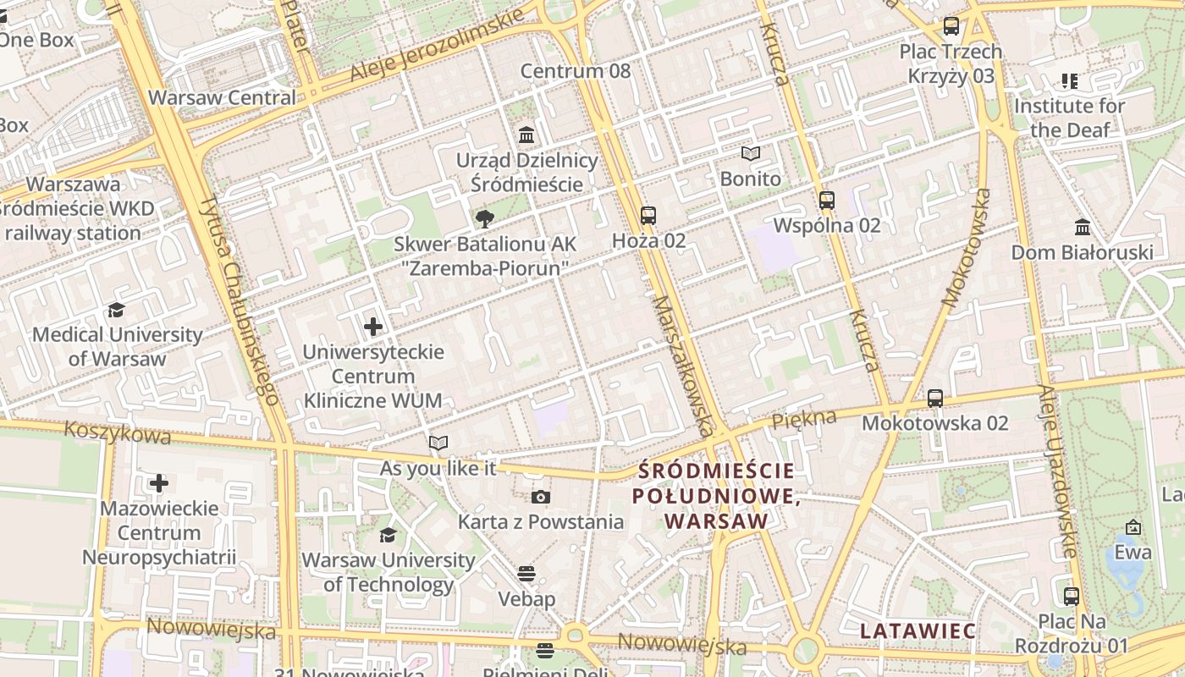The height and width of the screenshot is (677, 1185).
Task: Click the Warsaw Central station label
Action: coord(222,97)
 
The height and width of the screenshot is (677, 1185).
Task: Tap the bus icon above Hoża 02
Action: coord(648,215)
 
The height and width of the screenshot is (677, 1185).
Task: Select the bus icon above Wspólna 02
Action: coord(827,201)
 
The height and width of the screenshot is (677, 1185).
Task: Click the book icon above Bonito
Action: coord(751,154)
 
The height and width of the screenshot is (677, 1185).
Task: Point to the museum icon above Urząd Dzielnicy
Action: coord(526,135)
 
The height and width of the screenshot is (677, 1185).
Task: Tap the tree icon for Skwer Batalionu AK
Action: coord(484,220)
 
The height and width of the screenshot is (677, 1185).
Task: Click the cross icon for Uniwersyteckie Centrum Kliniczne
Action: coord(372,326)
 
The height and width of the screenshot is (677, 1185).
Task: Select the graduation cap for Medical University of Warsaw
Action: coord(117,311)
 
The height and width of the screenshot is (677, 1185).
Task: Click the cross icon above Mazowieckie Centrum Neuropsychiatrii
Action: coord(158,483)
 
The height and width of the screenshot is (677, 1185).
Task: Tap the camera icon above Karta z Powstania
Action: coord(540,497)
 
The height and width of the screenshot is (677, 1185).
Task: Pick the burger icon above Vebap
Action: coord(526,574)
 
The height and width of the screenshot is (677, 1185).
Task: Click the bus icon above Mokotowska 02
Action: coord(935,398)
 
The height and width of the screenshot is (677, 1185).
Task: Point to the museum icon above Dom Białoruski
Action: coord(1082,227)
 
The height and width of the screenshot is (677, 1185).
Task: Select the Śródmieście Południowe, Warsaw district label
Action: coord(717,495)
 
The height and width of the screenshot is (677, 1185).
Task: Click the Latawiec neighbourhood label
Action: coord(918,630)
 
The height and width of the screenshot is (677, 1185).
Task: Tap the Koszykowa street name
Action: coord(117,432)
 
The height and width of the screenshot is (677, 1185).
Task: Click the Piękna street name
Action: coord(803,418)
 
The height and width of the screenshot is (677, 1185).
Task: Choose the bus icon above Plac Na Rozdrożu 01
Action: coord(1072,596)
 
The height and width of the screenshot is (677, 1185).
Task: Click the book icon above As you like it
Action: coord(438,443)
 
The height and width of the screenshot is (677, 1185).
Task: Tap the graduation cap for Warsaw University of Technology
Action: coord(388,535)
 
